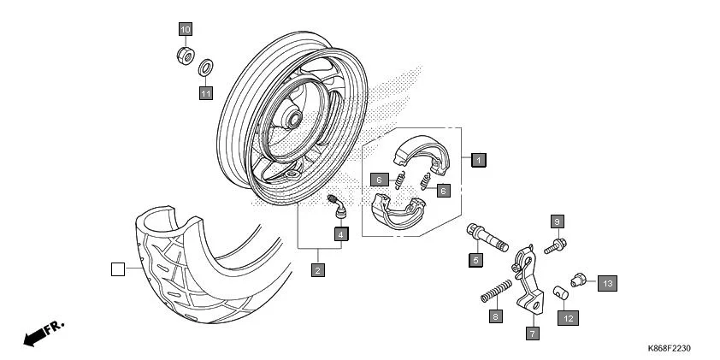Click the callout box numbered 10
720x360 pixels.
tap(186, 29)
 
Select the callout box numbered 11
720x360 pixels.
tap(206, 93)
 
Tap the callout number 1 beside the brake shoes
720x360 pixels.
tap(479, 159)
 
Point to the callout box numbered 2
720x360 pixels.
tap(317, 271)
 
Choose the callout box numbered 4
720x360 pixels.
tap(340, 233)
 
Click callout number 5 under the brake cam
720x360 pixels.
tap(475, 259)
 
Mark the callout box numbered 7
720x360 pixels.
tap(533, 333)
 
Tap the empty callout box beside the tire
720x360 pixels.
tap(117, 270)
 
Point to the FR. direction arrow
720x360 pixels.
tap(43, 333)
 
